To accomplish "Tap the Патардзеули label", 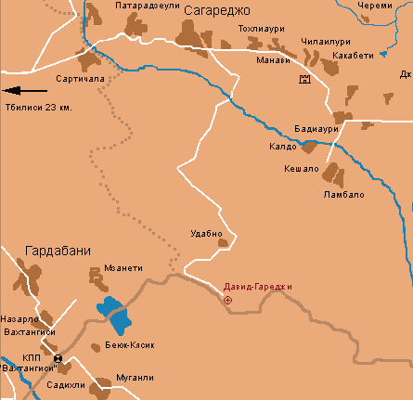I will tap(147, 6).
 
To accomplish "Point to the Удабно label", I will tap(205, 233).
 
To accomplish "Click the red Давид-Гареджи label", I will tap(258, 287).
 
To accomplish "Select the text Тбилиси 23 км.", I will tap(39, 107).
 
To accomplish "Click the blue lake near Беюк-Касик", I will tap(115, 316).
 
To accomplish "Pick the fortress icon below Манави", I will tap(303, 81).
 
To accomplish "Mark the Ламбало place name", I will tap(344, 195).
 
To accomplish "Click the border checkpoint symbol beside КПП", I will tap(59, 358).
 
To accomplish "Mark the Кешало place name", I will tap(300, 168).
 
